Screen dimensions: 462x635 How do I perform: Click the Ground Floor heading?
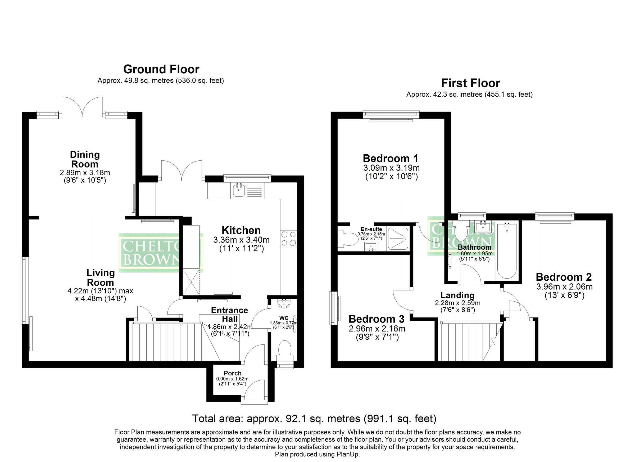point(161,69)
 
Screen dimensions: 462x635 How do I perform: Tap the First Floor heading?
point(470,83)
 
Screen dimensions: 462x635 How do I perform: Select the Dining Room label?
point(85,159)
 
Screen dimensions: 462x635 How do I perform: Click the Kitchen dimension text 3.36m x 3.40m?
point(241,240)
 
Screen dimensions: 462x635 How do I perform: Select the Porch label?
point(232,373)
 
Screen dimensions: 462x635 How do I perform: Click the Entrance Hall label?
point(229,314)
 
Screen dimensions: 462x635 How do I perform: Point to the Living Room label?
point(100,277)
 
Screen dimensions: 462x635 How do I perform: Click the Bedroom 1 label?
point(391,159)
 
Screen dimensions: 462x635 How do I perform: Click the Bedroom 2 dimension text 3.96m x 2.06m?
point(564,287)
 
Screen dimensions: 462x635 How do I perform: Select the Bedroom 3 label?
point(377,319)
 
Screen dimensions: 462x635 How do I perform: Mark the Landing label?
point(457,295)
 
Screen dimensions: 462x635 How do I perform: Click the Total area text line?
point(314,419)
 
